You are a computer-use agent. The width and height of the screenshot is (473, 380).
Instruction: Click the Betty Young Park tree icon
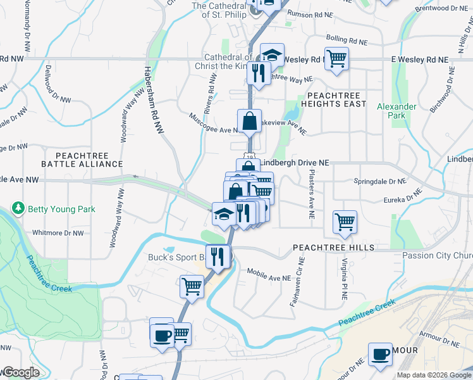(18, 209)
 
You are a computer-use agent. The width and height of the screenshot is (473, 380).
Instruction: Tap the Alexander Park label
(396, 111)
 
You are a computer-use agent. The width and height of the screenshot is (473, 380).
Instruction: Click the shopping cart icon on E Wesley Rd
(336, 59)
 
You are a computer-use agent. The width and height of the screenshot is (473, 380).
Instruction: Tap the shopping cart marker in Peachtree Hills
(345, 222)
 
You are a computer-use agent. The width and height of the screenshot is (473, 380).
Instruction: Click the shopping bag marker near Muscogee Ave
(250, 120)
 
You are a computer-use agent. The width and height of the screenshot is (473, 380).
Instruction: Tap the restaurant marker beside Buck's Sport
(218, 256)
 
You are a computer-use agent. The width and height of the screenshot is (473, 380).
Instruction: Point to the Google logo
(21, 372)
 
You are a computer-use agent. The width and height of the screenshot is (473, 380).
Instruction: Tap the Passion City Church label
(437, 256)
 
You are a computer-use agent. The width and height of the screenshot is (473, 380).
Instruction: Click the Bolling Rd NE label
(347, 39)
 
